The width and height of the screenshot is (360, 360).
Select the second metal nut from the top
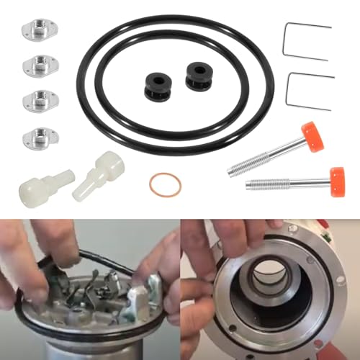35,65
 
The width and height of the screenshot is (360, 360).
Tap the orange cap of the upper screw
312,136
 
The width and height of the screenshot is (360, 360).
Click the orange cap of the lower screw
336,176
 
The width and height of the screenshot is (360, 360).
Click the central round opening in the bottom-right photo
270,284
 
